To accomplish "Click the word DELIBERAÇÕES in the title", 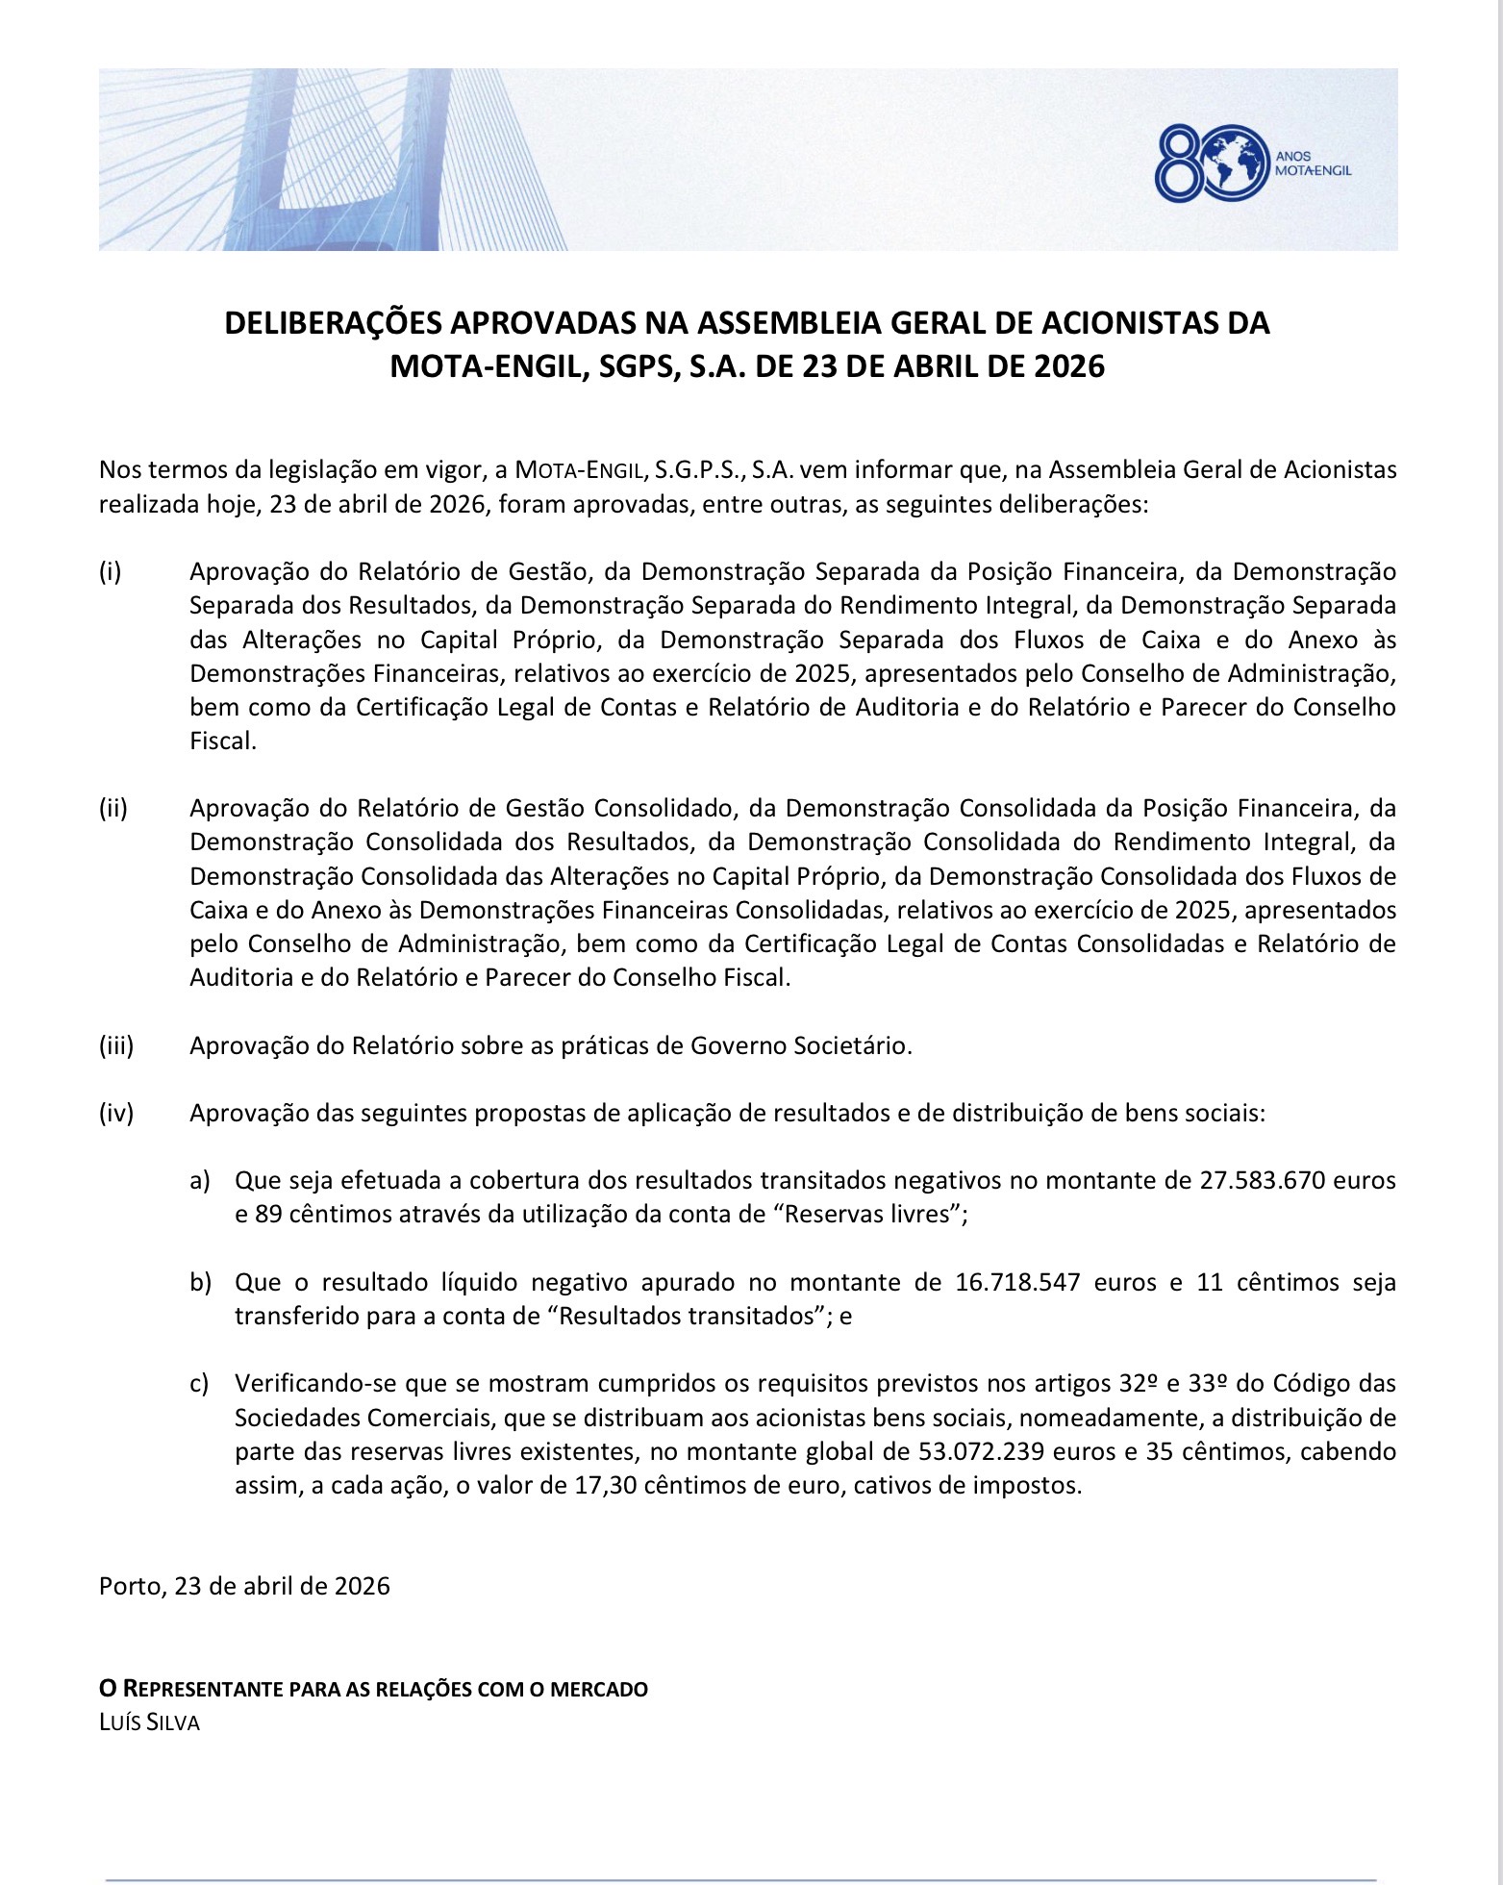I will click(x=334, y=323).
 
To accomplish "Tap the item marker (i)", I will click(x=110, y=572).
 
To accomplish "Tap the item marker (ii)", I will click(x=113, y=808).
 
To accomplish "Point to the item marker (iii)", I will click(x=115, y=1045).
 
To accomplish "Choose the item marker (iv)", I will click(x=115, y=1114).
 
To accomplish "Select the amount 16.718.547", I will click(x=1018, y=1283).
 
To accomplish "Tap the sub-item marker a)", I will click(x=199, y=1181).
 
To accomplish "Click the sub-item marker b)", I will click(x=199, y=1283).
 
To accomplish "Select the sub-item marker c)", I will click(x=199, y=1384).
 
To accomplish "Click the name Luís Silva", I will click(x=149, y=1723).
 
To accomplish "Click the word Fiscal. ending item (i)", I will click(x=223, y=741).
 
